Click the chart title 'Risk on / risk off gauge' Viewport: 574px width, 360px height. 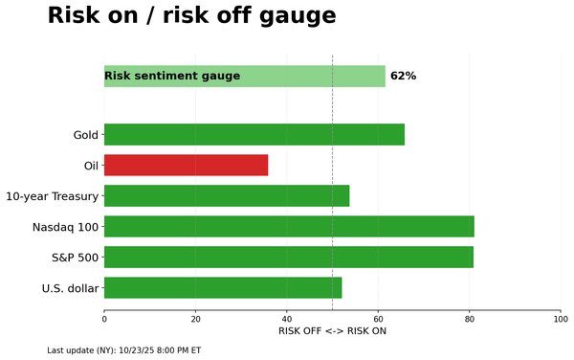click(x=191, y=16)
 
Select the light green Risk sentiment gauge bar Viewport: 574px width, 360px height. click(x=244, y=76)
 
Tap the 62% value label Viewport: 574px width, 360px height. click(x=403, y=76)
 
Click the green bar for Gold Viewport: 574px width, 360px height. click(x=254, y=135)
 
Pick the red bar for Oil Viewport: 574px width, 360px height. click(x=186, y=166)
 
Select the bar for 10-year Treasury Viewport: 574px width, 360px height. click(x=227, y=196)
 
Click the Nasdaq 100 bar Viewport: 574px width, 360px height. click(x=289, y=227)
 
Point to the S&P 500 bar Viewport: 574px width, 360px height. click(x=288, y=258)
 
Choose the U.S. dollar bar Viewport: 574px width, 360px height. click(x=223, y=288)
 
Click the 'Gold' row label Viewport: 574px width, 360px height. click(x=86, y=135)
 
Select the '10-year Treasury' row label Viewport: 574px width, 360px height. click(x=52, y=196)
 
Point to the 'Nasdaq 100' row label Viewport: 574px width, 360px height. click(x=65, y=227)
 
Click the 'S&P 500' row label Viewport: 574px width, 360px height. click(x=74, y=258)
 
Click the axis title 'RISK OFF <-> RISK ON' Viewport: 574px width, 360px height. click(x=332, y=331)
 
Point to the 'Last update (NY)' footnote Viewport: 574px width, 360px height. click(x=123, y=350)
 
